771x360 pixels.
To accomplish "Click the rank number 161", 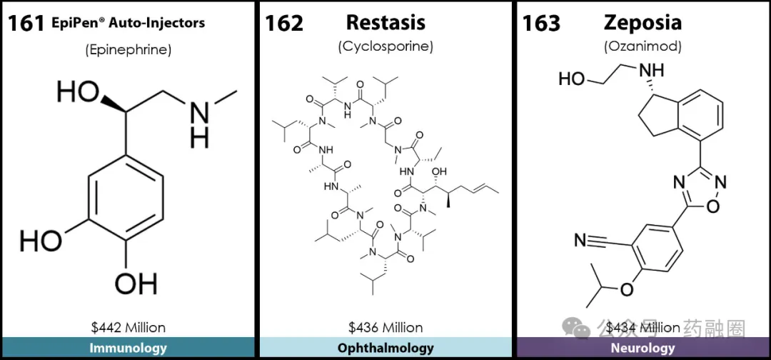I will click(x=26, y=23).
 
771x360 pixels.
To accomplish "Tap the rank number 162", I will click(x=284, y=23).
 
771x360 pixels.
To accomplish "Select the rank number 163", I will click(x=541, y=23).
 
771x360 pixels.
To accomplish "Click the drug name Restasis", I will click(x=385, y=22).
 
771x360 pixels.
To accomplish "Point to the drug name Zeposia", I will click(x=642, y=22).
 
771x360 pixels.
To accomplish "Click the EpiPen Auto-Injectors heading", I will click(x=128, y=23).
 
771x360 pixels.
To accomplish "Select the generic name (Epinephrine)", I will click(x=128, y=49).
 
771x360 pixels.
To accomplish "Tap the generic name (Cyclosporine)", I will click(x=385, y=46).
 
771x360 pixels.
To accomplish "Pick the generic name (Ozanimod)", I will click(x=642, y=46).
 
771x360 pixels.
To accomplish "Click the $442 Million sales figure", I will click(x=128, y=328).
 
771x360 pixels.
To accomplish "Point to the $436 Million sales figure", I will click(x=385, y=328).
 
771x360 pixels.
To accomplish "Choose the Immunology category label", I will click(x=128, y=349).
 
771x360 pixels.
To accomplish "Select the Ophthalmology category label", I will click(x=385, y=349).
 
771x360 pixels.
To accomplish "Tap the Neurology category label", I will click(x=642, y=349).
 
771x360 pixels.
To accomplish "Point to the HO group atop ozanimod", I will click(x=572, y=79).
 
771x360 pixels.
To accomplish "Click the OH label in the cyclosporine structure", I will click(x=440, y=171).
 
